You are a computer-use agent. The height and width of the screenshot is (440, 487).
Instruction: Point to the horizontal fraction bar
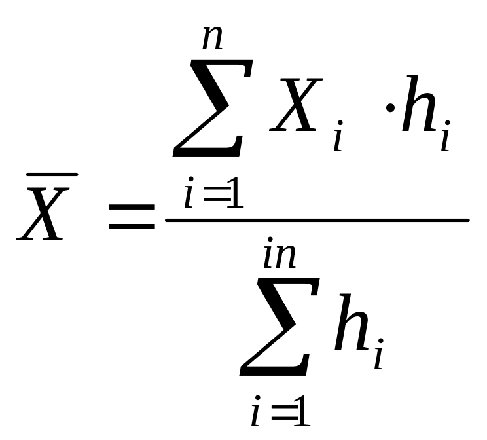317,220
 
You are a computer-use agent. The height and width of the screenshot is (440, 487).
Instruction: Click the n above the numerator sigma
213,39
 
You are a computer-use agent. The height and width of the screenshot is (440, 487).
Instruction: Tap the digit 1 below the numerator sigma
234,194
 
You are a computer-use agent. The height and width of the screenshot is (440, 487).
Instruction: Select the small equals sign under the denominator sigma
280,414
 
